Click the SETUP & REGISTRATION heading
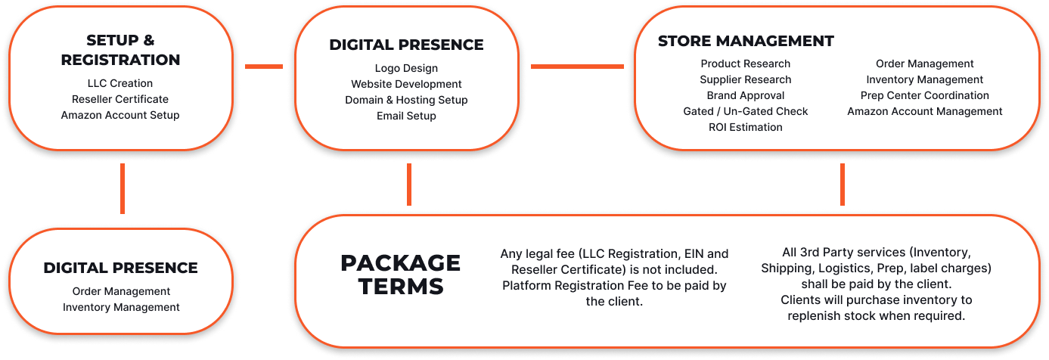pyautogui.click(x=120, y=50)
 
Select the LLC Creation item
pyautogui.click(x=120, y=83)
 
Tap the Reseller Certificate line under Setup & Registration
pyautogui.click(x=120, y=99)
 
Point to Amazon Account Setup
pyautogui.click(x=120, y=115)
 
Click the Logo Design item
pyautogui.click(x=406, y=68)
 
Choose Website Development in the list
pyautogui.click(x=406, y=84)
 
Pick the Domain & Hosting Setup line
pyautogui.click(x=406, y=100)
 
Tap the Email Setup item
pyautogui.click(x=406, y=116)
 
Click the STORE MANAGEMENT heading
pyautogui.click(x=746, y=41)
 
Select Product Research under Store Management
pyautogui.click(x=746, y=64)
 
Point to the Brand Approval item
pyautogui.click(x=746, y=95)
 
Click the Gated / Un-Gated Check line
pyautogui.click(x=746, y=111)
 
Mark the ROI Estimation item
pyautogui.click(x=746, y=127)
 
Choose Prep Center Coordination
pyautogui.click(x=925, y=95)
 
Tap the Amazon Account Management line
pyautogui.click(x=925, y=111)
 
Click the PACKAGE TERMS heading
pyautogui.click(x=401, y=275)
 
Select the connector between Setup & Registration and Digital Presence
pyautogui.click(x=264, y=67)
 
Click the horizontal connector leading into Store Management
pyautogui.click(x=577, y=67)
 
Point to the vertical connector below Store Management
pyautogui.click(x=843, y=185)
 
